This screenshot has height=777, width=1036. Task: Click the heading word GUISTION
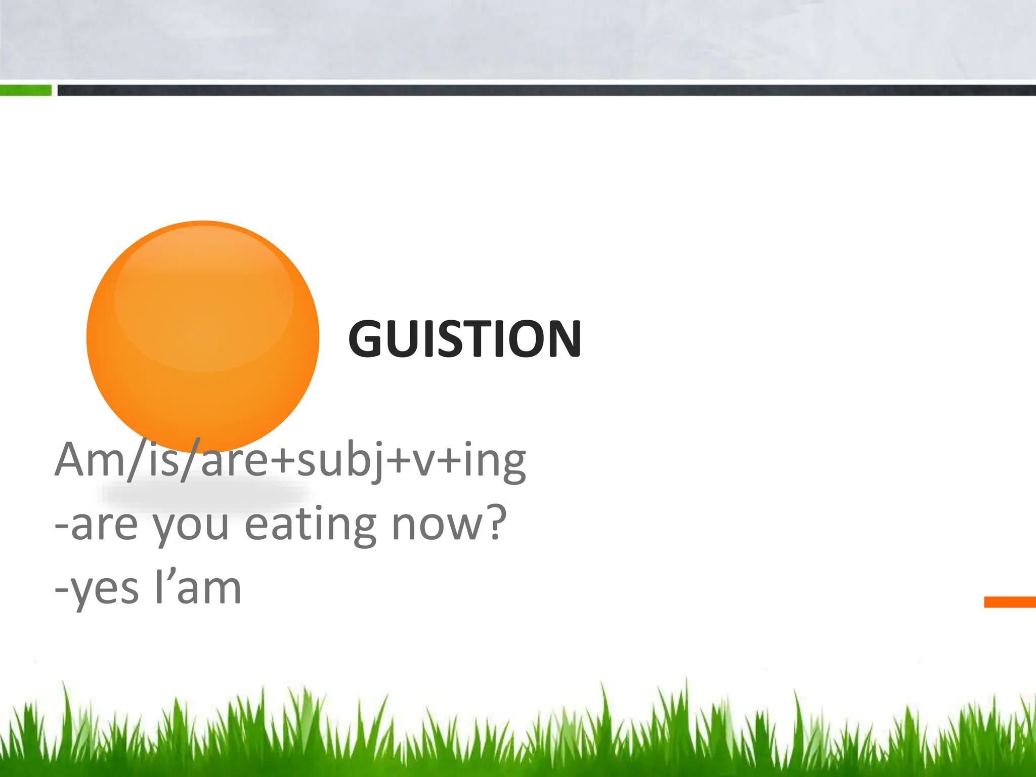tap(464, 338)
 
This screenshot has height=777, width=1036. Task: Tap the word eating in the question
tap(311, 526)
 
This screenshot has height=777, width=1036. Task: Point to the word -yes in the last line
tap(96, 590)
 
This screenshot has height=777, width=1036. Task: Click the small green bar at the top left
tap(25, 91)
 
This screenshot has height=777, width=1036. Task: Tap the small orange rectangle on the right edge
tap(1010, 602)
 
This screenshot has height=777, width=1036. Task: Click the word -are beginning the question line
tap(96, 526)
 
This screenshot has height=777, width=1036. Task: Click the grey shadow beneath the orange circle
tap(205, 495)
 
